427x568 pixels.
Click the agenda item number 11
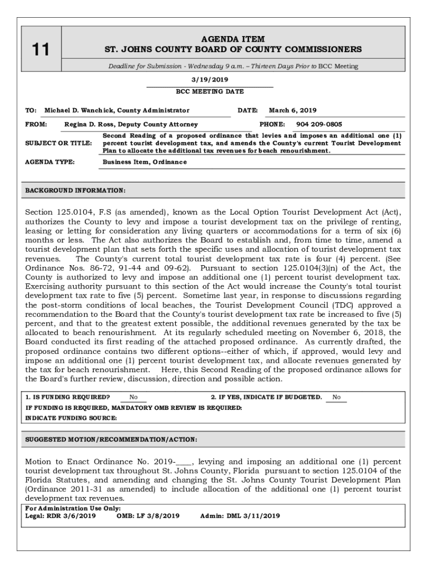(x=40, y=50)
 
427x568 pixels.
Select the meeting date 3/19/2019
(x=210, y=80)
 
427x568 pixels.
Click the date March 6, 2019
(x=293, y=110)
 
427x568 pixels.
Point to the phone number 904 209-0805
(x=319, y=125)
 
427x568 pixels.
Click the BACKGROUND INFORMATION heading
(x=75, y=190)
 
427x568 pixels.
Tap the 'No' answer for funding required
(x=134, y=397)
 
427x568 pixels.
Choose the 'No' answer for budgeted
(x=337, y=397)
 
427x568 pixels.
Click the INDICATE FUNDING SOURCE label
(x=67, y=418)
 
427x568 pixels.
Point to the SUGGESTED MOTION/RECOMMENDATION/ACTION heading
(x=111, y=439)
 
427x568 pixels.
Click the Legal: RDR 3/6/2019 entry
(x=60, y=515)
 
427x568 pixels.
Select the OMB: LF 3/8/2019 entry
(x=148, y=515)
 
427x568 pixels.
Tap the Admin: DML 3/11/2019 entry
(x=240, y=515)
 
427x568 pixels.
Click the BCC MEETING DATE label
(x=210, y=92)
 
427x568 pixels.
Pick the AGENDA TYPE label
(x=50, y=162)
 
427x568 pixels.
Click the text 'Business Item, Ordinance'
(x=145, y=162)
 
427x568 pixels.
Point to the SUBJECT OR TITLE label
(x=58, y=143)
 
